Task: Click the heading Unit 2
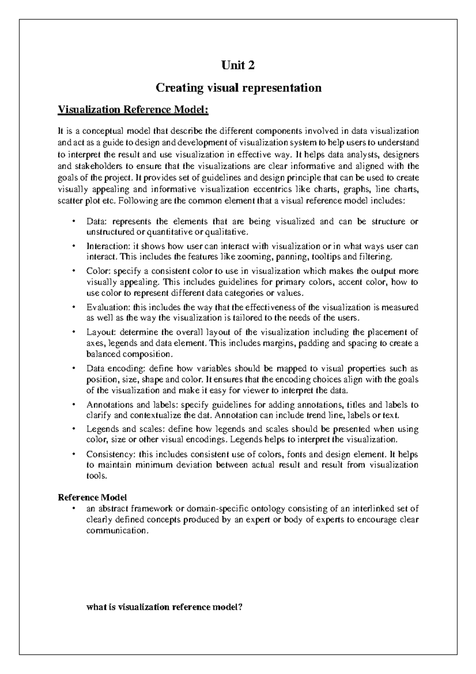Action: click(238, 65)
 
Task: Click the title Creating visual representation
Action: click(238, 87)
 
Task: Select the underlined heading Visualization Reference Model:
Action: click(133, 109)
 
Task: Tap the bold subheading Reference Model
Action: click(92, 497)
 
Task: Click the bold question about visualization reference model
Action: click(164, 607)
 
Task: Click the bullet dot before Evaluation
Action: click(73, 307)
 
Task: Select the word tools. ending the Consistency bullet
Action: click(96, 476)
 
